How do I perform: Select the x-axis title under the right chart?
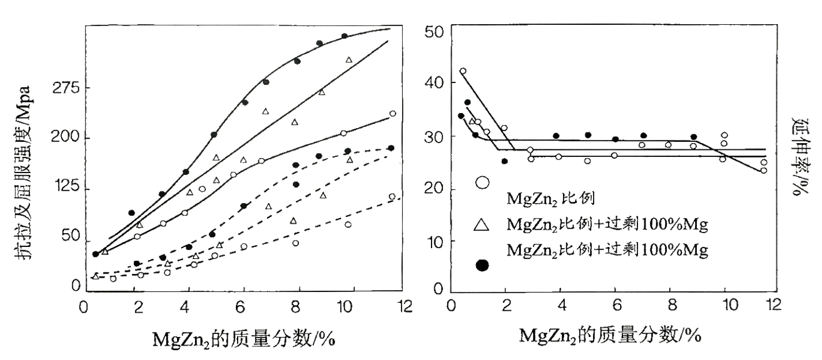point(611,335)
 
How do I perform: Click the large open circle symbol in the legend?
point(482,182)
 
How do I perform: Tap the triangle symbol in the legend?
point(482,225)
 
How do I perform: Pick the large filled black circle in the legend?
point(482,265)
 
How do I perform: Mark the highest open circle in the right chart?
point(463,72)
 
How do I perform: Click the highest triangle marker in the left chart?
point(348,60)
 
